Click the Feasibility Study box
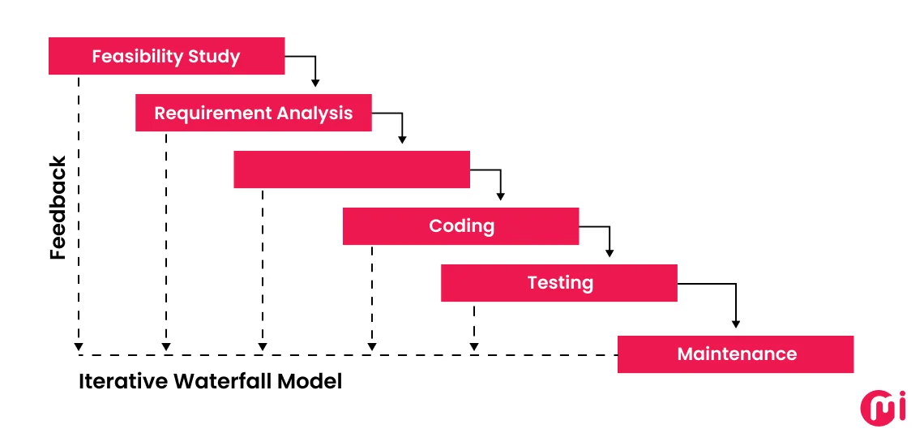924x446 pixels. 166,56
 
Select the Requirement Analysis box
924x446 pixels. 253,113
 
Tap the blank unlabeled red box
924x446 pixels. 351,169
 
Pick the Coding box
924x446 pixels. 460,226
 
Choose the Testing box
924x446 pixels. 558,283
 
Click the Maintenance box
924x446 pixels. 735,354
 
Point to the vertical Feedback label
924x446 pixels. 58,208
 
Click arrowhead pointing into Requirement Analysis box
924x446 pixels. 315,82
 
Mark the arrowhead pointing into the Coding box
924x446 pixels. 500,195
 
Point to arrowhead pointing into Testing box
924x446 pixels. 609,252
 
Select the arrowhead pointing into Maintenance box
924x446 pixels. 735,323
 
